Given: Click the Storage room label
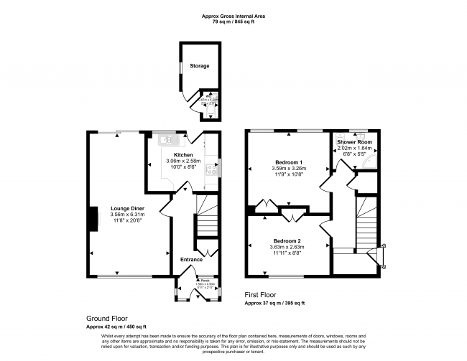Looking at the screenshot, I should (x=199, y=66).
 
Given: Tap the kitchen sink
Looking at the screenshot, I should (x=166, y=139).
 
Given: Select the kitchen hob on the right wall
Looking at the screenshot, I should (x=212, y=170).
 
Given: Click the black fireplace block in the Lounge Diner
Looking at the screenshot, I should (x=93, y=219).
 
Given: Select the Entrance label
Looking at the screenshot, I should (x=191, y=259).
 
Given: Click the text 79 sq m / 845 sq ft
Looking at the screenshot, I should (x=233, y=23).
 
